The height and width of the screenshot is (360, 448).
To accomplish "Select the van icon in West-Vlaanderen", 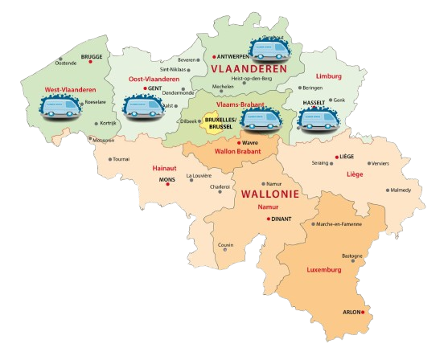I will [62, 108].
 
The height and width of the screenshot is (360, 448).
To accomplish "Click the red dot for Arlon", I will [364, 312].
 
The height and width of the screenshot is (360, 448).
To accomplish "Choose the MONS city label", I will [166, 179].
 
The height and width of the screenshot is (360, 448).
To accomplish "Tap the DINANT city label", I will [282, 218].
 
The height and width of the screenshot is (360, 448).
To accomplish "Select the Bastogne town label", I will [351, 256].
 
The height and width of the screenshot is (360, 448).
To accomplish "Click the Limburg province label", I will [329, 76].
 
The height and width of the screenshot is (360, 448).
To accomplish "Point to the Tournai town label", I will [121, 159].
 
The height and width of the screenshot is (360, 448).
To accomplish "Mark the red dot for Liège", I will [336, 157].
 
